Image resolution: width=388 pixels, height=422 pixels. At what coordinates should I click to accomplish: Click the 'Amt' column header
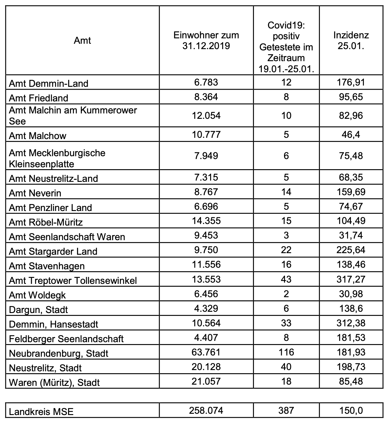click(82, 41)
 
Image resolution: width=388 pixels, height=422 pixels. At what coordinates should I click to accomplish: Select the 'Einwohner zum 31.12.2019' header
click(206, 41)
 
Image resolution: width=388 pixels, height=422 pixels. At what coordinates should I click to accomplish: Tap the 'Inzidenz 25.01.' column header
click(351, 41)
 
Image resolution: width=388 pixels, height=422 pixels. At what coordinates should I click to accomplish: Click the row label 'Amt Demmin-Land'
click(48, 84)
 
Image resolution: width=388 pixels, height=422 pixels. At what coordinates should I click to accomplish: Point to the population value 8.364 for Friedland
click(206, 97)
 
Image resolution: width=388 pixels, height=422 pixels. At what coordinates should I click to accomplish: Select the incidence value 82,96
click(351, 115)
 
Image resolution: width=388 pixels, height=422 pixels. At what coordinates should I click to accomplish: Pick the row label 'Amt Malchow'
click(37, 136)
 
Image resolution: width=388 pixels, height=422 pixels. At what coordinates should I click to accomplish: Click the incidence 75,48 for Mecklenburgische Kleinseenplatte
click(351, 156)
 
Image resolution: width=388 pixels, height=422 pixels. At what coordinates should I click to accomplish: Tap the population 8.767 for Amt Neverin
click(206, 192)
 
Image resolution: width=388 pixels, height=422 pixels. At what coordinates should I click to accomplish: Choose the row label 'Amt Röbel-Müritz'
click(46, 222)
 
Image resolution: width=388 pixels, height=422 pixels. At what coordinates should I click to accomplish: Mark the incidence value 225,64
click(351, 250)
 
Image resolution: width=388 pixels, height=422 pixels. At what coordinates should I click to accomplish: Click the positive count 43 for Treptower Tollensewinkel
click(286, 279)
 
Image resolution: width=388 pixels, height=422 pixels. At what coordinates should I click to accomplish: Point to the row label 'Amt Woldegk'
click(37, 295)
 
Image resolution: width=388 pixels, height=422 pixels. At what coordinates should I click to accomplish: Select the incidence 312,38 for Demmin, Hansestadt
click(351, 323)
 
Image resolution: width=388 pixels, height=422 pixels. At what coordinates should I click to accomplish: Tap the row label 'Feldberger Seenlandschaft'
click(66, 339)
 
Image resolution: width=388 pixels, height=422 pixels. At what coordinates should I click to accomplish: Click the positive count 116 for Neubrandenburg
click(286, 352)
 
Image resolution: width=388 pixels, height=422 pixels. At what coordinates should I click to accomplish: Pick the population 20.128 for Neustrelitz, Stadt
click(206, 367)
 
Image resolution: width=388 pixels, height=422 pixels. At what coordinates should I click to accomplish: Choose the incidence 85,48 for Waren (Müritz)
click(351, 381)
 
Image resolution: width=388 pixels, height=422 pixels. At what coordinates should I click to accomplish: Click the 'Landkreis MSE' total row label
click(41, 412)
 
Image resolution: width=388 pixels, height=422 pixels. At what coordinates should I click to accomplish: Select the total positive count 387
click(286, 411)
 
